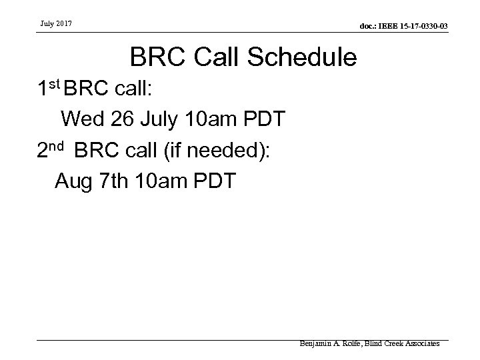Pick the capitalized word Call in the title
[211, 59]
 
